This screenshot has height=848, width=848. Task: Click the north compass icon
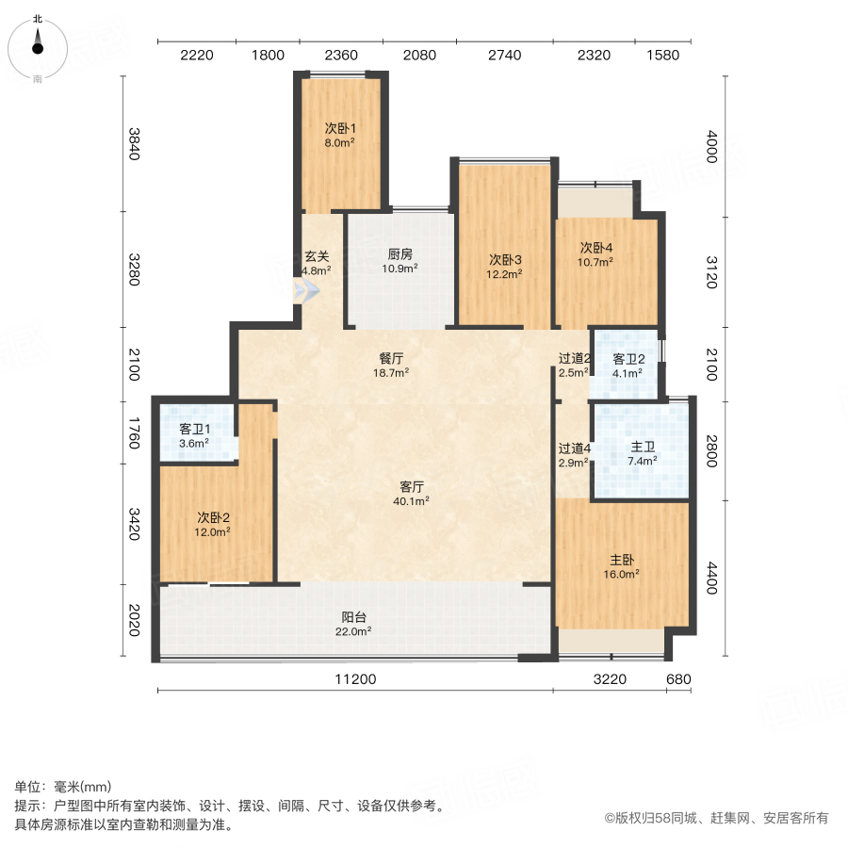(x=38, y=46)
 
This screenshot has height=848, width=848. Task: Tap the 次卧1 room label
(x=339, y=136)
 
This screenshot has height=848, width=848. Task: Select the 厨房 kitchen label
(x=400, y=260)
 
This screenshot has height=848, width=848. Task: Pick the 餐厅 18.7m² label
(x=392, y=366)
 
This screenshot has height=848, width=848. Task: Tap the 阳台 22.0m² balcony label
(x=354, y=625)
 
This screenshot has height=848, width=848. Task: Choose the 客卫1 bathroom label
(x=193, y=435)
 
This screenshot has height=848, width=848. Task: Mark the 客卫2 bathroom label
(x=628, y=366)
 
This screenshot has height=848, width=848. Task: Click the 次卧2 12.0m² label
(x=213, y=524)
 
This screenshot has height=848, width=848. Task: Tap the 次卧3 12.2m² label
(x=504, y=267)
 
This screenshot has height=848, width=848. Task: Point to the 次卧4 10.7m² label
(x=595, y=254)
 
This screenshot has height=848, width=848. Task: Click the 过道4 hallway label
(x=573, y=454)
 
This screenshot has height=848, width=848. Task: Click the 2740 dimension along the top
(x=504, y=55)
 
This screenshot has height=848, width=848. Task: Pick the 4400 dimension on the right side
(x=711, y=578)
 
